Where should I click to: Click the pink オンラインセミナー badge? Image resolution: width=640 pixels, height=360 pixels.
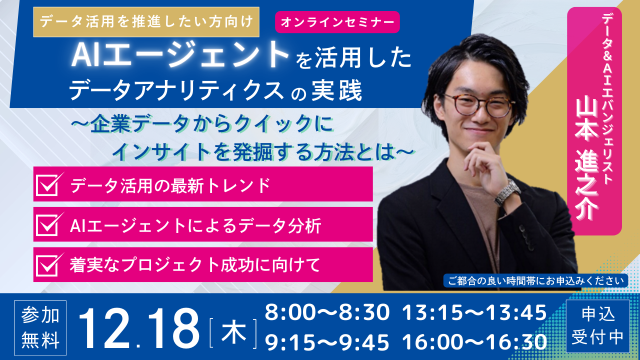337,22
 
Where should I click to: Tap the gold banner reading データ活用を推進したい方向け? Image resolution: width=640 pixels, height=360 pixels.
146,22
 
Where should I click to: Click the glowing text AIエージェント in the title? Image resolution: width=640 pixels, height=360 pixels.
180,55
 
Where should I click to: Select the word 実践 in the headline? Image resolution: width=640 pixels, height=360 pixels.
337,91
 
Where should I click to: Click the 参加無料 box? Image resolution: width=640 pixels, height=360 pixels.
40,327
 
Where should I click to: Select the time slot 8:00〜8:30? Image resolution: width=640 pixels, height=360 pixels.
327,312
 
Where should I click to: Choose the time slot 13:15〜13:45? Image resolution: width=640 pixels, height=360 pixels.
474,312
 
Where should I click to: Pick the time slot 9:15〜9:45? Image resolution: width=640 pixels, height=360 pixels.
327,342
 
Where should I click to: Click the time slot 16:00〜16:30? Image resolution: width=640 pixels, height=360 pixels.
474,342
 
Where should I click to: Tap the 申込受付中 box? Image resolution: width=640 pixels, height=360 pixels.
597,326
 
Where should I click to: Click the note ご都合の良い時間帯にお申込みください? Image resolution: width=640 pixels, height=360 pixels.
535,280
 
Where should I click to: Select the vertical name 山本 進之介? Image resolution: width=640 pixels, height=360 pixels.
587,159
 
